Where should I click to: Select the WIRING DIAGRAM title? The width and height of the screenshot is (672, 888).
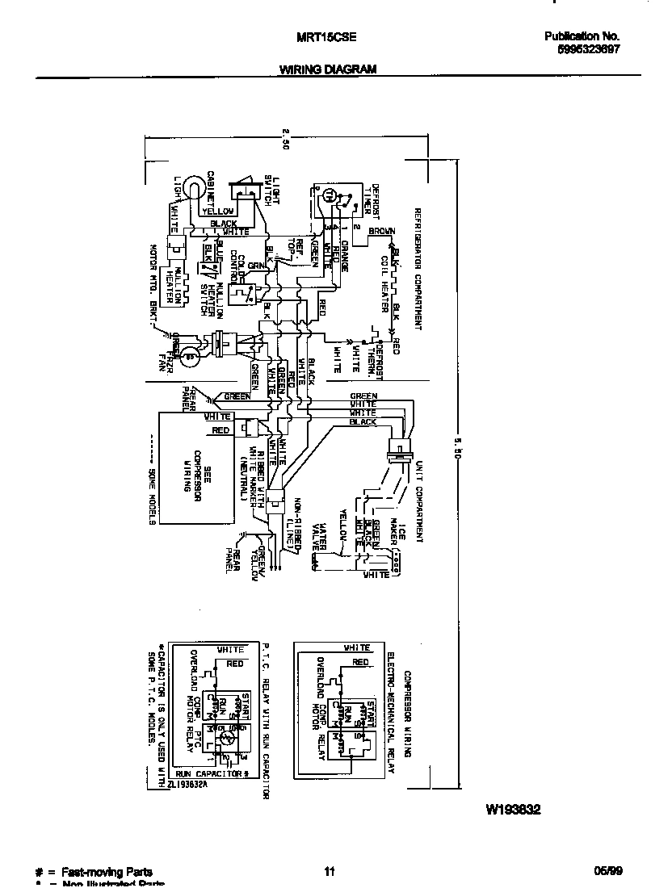tap(327, 69)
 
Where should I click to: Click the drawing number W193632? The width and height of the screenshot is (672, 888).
tap(512, 808)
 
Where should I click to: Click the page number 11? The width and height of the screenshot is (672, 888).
tap(329, 872)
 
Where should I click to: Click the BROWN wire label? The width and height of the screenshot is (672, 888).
tap(381, 232)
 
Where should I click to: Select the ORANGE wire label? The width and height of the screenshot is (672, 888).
tap(344, 255)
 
